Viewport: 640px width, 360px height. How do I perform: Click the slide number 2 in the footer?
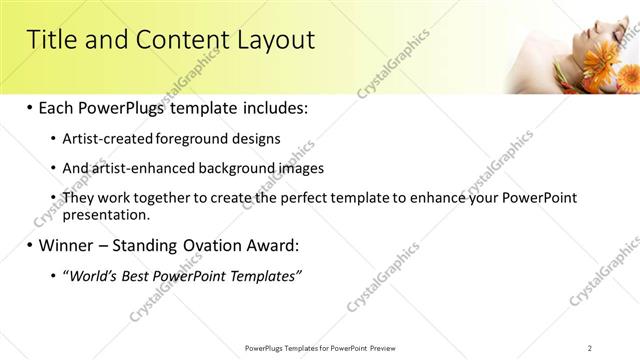(590, 347)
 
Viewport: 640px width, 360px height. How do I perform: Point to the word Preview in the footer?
(386, 347)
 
